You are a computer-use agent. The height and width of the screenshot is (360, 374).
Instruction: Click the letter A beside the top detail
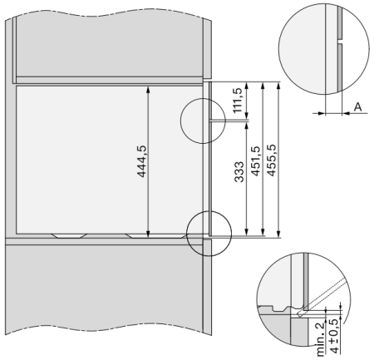(357, 107)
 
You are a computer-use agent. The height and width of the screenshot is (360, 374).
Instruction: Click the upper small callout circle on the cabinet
(203, 121)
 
